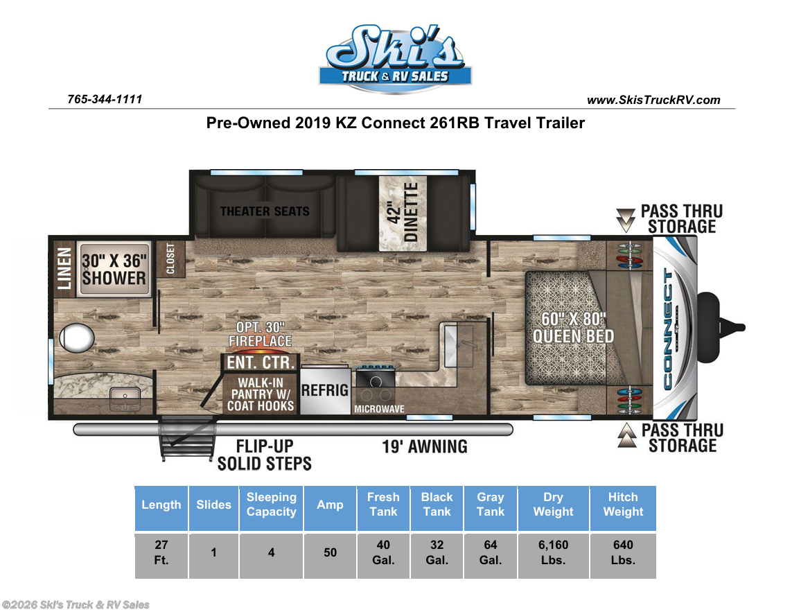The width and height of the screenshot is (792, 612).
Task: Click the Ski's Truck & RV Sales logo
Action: point(395,59)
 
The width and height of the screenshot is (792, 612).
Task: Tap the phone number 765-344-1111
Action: point(105,99)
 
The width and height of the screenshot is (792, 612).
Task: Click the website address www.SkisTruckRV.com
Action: point(653,100)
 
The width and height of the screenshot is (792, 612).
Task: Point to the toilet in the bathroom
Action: point(76,338)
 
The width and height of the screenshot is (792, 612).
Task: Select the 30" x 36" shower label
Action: point(114,270)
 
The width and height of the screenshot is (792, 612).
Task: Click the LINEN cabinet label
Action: point(64,268)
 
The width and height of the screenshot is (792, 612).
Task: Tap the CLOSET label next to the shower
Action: point(170,259)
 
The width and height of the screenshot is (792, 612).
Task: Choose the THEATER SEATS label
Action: point(265,211)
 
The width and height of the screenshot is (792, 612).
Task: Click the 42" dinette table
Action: point(403,213)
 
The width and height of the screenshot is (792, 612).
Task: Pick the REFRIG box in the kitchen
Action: point(325,390)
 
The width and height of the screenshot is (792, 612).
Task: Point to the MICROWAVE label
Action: point(379,409)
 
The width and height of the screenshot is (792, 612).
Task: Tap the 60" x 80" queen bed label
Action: point(573,327)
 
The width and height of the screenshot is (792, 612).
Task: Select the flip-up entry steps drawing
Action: point(187,437)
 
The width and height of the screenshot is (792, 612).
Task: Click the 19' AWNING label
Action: point(424,447)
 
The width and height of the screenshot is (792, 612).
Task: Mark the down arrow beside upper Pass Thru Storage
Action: point(626,220)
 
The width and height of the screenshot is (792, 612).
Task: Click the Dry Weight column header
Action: point(553,505)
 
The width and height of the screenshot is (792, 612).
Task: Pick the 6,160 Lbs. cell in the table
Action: point(553,552)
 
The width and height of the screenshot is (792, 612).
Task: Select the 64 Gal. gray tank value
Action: point(490,552)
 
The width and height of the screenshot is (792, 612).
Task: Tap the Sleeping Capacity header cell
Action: point(271,505)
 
